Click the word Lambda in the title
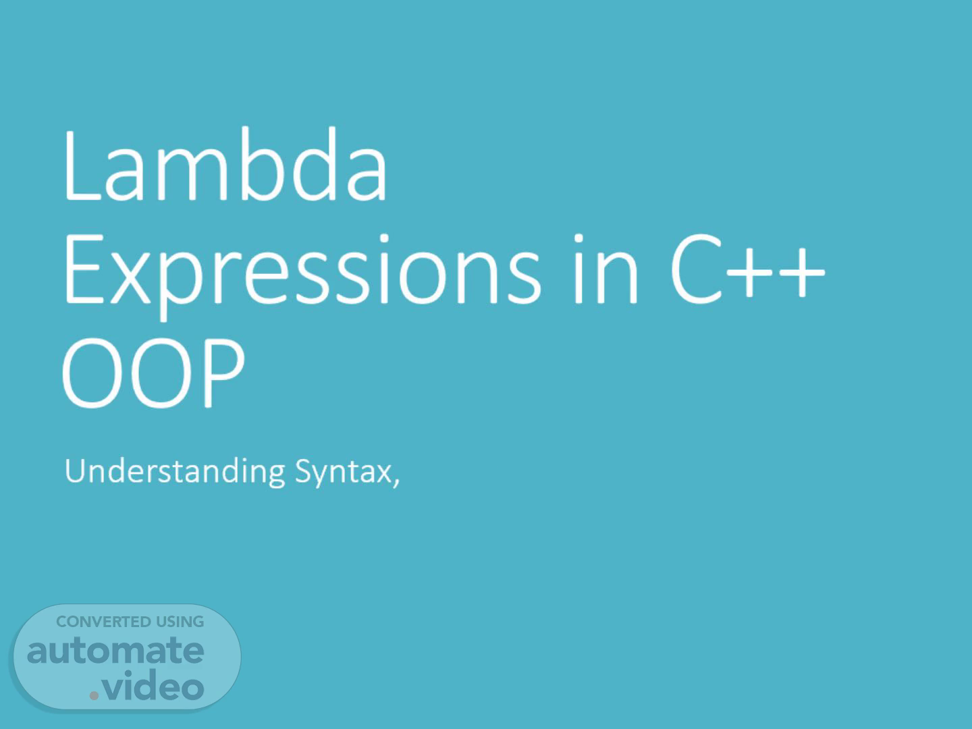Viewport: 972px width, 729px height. point(226,164)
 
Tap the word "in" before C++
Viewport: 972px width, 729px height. point(605,269)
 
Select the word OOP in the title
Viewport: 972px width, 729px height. point(153,373)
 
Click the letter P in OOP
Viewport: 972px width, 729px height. point(224,373)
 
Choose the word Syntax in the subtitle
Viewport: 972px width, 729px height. point(344,473)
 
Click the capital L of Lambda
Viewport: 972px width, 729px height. point(82,165)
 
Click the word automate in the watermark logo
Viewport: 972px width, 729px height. point(115,651)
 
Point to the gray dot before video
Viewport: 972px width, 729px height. point(94,695)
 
